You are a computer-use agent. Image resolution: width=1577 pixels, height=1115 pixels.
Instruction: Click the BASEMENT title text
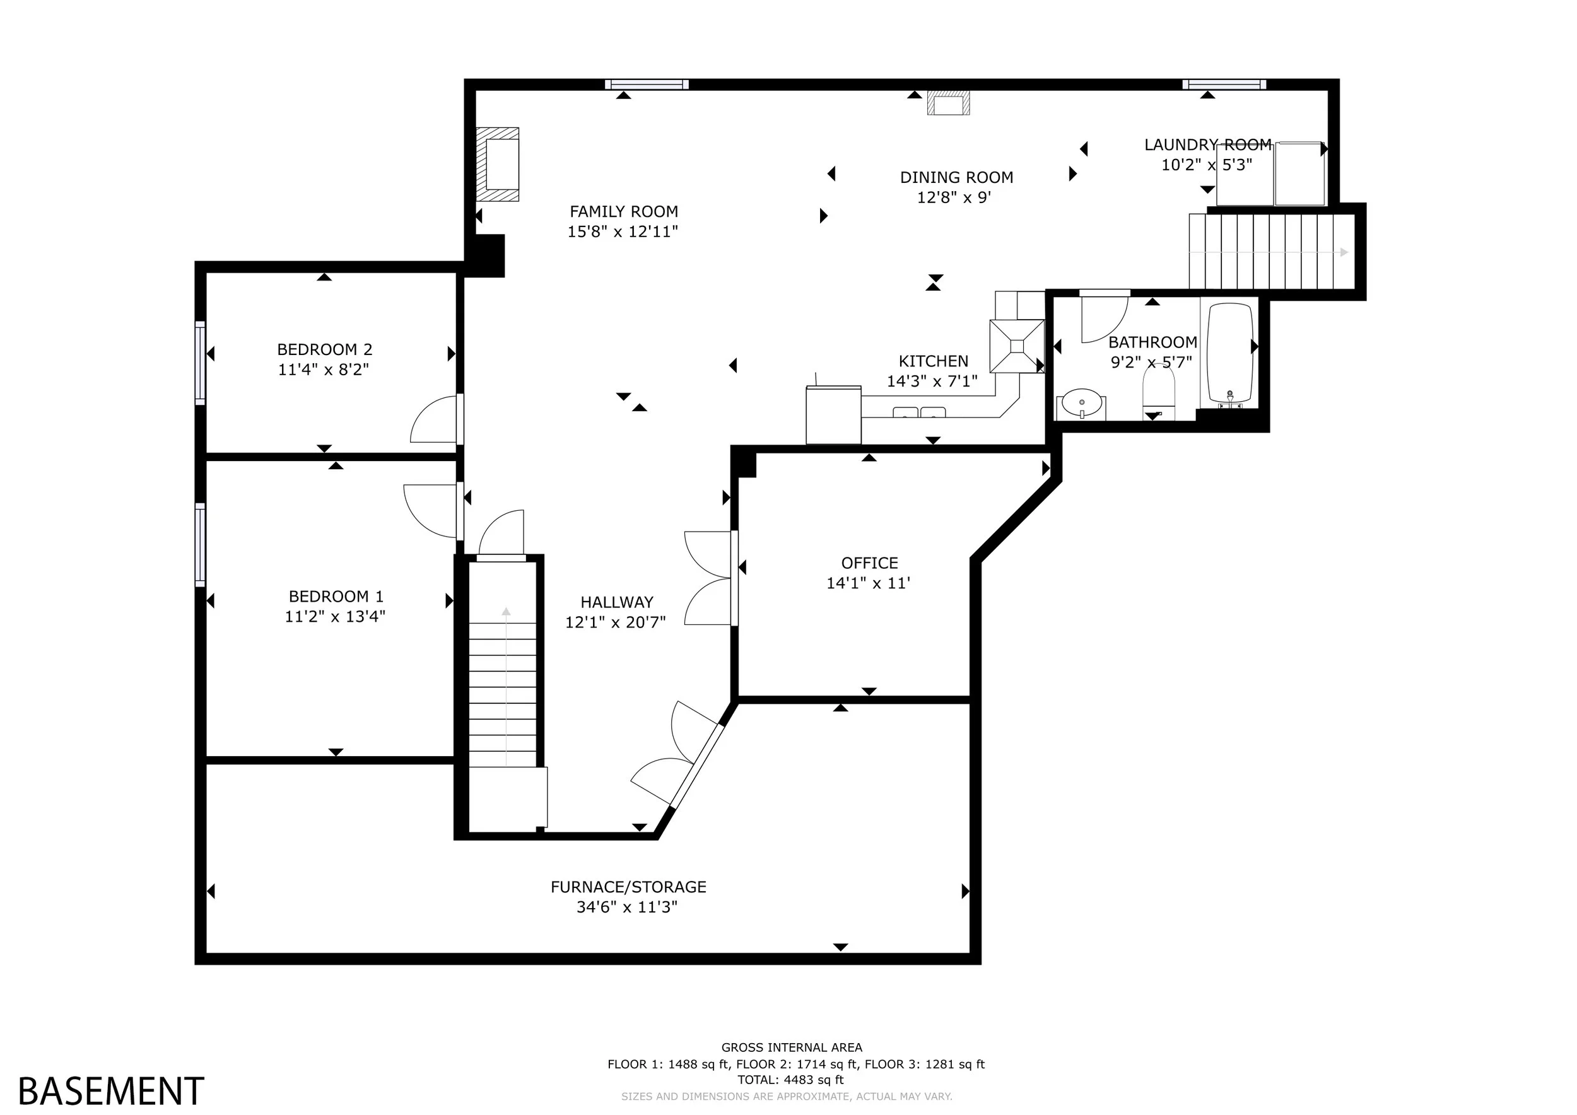[x=110, y=1090]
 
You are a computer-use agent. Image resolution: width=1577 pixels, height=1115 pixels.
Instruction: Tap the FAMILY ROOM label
[x=624, y=211]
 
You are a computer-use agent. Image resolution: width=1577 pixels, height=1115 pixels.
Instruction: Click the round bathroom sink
[x=1081, y=403]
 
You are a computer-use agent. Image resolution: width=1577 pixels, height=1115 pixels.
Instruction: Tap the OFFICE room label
[x=869, y=563]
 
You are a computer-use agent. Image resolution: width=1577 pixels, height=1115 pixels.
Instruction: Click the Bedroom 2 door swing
[x=434, y=419]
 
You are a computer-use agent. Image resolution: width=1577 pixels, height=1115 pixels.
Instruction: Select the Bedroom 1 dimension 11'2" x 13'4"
[x=335, y=617]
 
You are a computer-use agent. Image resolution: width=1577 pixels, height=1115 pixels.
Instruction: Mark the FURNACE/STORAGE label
[x=628, y=887]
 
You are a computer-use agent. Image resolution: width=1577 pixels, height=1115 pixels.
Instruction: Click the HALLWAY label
[x=617, y=602]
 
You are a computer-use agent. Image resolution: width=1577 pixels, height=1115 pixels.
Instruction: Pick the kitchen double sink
[x=918, y=412]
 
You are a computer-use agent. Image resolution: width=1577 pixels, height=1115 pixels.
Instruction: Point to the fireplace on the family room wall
[x=498, y=164]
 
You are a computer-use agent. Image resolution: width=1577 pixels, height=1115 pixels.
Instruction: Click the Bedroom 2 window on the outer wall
[x=200, y=363]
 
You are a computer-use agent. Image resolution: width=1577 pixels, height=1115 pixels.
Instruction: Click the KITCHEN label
[x=934, y=361]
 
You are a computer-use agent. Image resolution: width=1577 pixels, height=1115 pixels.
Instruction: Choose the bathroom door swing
[x=1105, y=317]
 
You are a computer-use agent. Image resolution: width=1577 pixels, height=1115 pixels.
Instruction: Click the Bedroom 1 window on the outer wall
[x=200, y=544]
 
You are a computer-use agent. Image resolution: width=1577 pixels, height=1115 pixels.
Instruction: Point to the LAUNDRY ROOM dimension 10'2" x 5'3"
[x=1207, y=165]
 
